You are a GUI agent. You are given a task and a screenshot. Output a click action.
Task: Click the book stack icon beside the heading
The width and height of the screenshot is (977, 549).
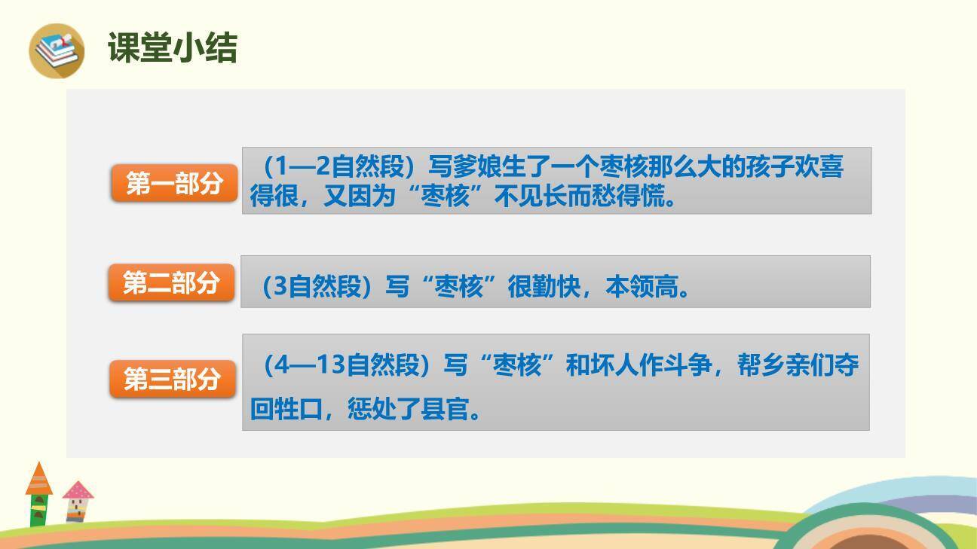[57, 50]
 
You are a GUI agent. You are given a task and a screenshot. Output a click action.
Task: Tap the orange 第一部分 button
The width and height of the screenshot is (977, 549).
[174, 183]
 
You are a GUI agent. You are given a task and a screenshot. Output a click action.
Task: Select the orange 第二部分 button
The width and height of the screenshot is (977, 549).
[171, 282]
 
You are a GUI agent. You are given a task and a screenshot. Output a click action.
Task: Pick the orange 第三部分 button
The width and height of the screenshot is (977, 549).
[173, 379]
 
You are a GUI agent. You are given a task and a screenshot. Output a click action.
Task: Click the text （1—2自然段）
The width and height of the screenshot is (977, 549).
[339, 166]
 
